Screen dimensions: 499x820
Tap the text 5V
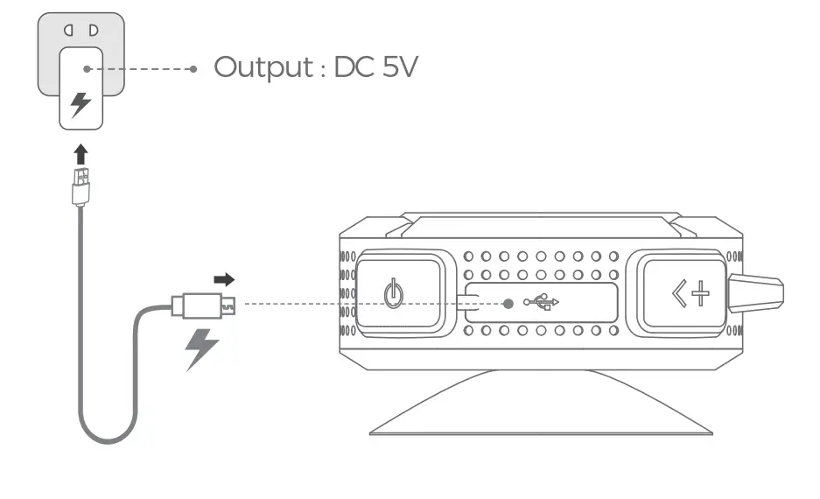click(397, 67)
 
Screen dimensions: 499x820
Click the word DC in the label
click(354, 67)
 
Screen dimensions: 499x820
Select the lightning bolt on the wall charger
click(81, 105)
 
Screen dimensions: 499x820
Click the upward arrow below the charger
click(81, 155)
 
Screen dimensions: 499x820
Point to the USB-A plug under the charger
click(81, 186)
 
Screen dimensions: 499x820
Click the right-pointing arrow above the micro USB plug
click(225, 280)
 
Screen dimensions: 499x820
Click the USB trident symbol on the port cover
click(542, 303)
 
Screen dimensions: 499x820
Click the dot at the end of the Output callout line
click(193, 67)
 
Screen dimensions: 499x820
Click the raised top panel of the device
click(543, 223)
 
